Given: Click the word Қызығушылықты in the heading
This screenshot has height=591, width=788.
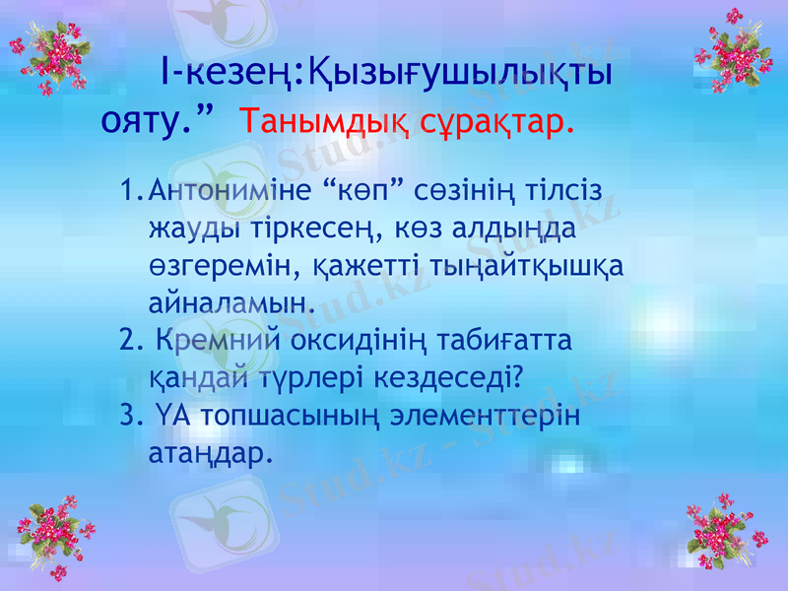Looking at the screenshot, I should (459, 73).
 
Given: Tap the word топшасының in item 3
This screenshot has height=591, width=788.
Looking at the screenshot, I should (291, 417).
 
